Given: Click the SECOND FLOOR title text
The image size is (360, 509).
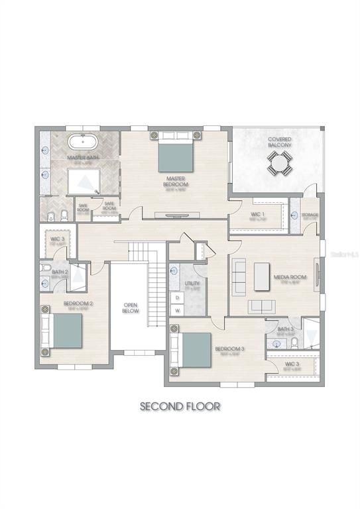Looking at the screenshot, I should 179,406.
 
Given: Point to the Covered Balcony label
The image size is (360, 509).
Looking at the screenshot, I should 279,142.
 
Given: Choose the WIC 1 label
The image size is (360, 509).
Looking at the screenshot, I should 257,214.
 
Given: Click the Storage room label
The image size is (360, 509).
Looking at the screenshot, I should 310,215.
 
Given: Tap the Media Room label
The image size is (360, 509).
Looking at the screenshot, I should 290,278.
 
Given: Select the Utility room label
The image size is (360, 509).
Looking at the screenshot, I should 192,284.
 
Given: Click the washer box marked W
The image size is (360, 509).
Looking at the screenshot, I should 178,310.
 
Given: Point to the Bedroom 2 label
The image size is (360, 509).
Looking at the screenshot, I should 78,304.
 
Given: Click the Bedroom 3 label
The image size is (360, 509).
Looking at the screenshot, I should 229,349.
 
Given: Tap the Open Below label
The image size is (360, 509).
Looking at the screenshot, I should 131,308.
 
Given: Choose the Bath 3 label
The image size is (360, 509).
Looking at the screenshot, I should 285,329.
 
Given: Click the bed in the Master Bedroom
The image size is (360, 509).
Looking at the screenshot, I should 176,153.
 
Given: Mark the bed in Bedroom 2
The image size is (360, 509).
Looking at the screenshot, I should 64,331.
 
